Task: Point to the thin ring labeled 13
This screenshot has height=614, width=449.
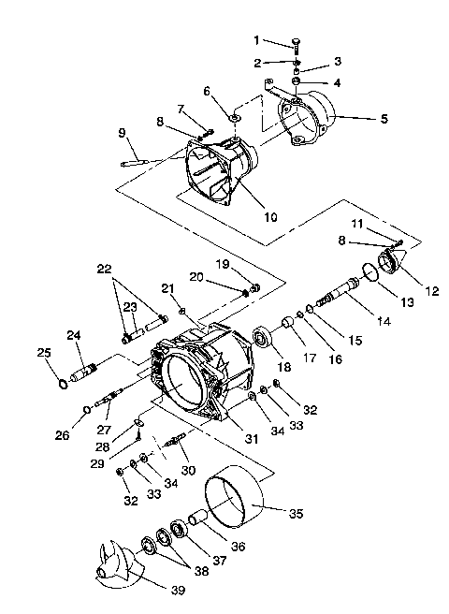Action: pos(370,272)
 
